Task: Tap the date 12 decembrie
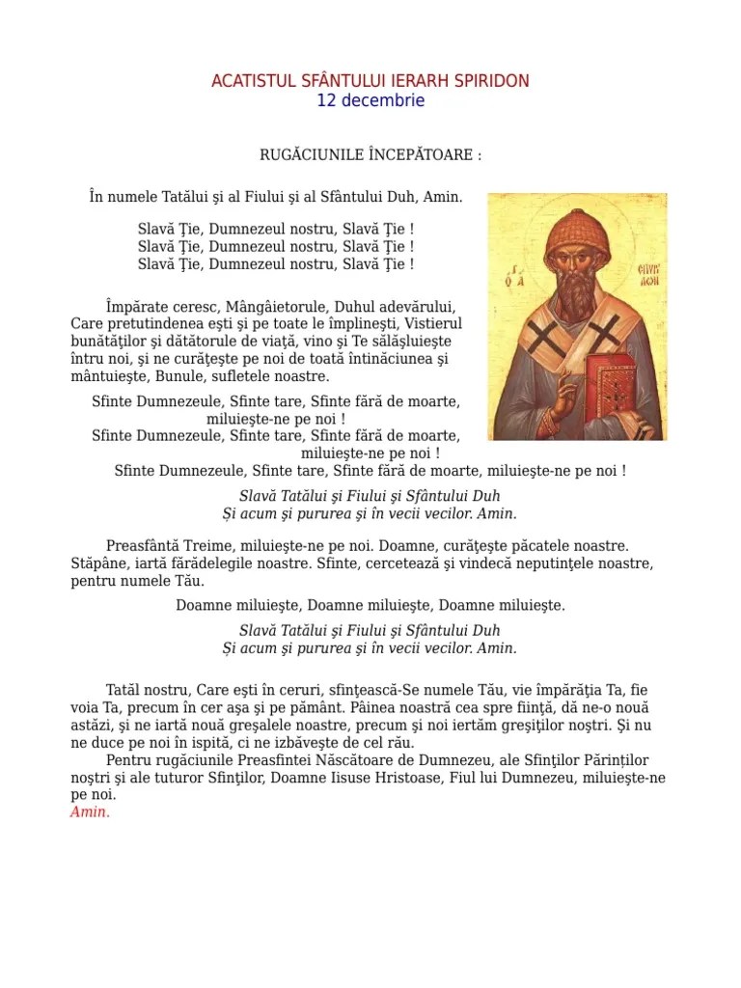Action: tap(370, 100)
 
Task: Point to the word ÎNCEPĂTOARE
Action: tap(418, 154)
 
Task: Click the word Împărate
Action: tap(139, 307)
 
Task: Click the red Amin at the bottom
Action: tap(91, 812)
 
